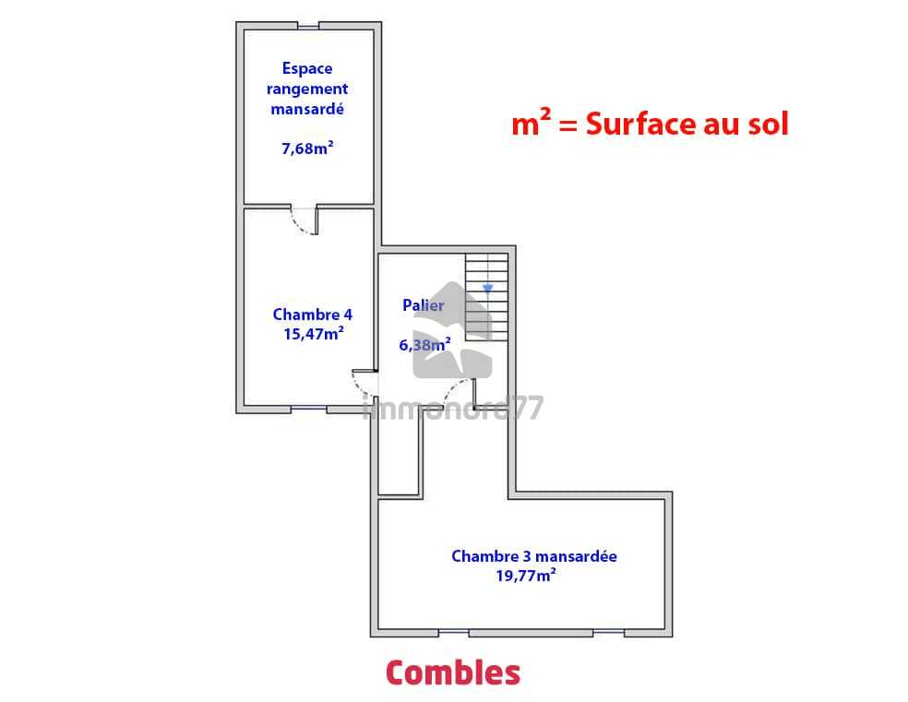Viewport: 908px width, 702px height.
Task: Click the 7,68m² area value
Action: coord(307,149)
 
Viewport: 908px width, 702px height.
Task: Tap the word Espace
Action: coord(307,68)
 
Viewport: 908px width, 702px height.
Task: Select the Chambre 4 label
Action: coord(312,315)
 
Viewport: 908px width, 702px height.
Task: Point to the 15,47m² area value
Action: coord(314,333)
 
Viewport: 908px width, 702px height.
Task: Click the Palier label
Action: coord(424,305)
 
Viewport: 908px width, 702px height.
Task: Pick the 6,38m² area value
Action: coord(424,345)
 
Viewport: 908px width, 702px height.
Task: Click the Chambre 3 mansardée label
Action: coord(534,556)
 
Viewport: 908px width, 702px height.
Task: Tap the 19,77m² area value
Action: coord(526,576)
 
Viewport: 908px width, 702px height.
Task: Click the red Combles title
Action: coord(453,673)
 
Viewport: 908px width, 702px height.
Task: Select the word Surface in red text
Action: coord(639,124)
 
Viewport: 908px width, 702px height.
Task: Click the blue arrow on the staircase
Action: coord(487,288)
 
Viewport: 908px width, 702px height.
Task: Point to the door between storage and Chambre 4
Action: coord(305,221)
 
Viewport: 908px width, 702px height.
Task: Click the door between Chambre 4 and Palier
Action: coord(364,383)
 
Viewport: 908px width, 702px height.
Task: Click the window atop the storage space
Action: coord(308,26)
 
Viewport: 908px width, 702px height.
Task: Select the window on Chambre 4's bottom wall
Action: coord(308,410)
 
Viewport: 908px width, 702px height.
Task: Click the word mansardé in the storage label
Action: coord(307,109)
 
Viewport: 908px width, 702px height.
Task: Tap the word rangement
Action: coord(307,89)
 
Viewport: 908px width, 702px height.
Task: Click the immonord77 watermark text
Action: coord(453,408)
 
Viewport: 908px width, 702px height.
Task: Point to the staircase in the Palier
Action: coord(487,297)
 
